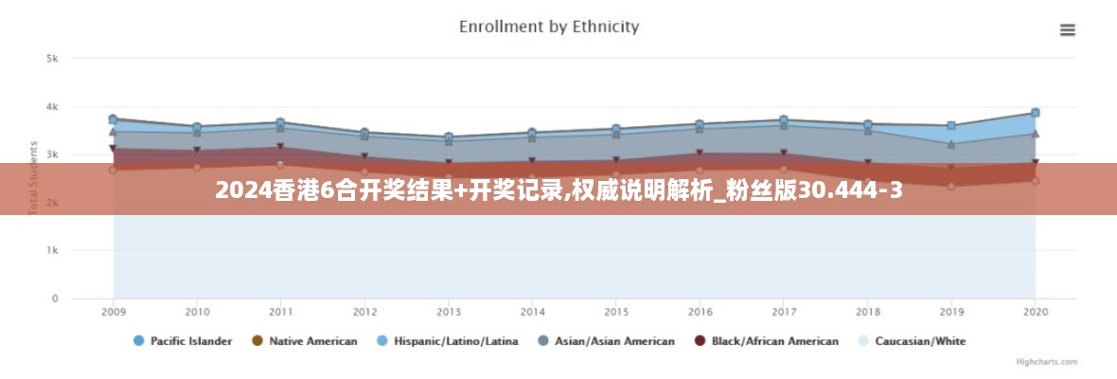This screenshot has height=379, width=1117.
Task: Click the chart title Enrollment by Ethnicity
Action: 549,27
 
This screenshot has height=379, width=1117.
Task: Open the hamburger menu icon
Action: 1068,30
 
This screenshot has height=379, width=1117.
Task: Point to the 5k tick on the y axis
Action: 53,59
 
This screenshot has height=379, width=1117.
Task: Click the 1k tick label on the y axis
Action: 53,251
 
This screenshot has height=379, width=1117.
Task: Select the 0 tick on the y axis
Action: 55,299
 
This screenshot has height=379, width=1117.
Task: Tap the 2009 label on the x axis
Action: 114,312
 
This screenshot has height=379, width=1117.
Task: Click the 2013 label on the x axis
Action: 449,312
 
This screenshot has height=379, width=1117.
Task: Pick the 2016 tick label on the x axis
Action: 700,312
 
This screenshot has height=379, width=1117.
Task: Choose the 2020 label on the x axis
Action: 1036,312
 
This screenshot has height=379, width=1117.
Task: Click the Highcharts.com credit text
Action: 1045,362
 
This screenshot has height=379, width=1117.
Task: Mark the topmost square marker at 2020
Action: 1036,113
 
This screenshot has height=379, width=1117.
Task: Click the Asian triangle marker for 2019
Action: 951,144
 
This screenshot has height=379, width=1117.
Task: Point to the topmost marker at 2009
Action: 114,119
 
